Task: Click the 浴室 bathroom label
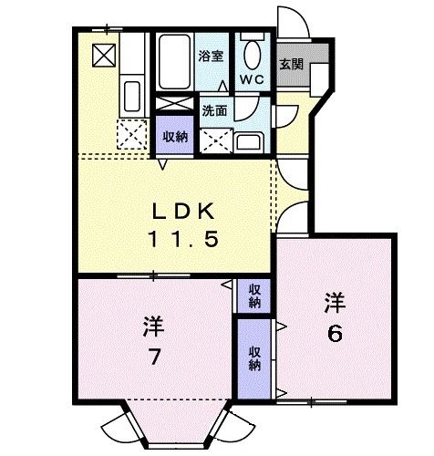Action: [211, 56]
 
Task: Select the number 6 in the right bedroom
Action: [335, 333]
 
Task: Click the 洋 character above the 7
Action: [152, 326]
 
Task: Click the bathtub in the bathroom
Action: [174, 60]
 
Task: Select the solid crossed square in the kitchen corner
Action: [104, 55]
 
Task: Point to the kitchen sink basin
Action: [130, 94]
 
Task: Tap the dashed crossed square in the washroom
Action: [216, 140]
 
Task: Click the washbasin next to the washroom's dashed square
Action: [247, 141]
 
